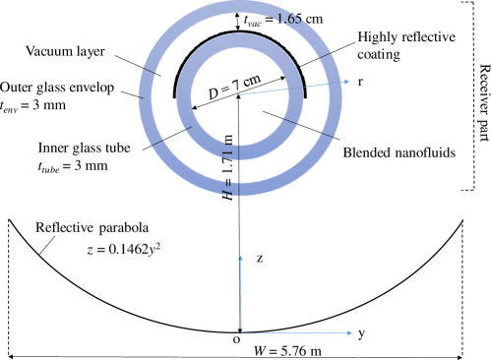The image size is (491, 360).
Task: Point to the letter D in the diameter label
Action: tap(214, 94)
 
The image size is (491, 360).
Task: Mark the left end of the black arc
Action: tap(175, 99)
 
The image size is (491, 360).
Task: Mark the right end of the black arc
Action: tap(304, 99)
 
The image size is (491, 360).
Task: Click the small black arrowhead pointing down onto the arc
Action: tap(240, 29)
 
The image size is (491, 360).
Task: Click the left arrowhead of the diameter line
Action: tap(191, 108)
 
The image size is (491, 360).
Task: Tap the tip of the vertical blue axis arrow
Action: tap(240, 256)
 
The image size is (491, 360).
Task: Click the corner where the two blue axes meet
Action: tap(240, 332)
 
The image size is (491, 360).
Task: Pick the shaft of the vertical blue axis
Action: tap(240, 295)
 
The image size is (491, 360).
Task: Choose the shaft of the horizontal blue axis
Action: tap(295, 332)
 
